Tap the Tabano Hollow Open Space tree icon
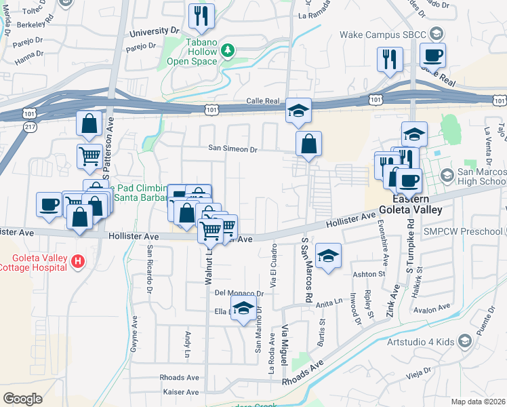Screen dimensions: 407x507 click(228, 50)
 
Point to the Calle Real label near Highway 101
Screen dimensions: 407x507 click(263, 101)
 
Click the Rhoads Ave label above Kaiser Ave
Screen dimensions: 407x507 click(179, 378)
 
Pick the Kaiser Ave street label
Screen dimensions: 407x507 click(181, 392)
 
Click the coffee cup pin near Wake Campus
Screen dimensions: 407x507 click(432, 56)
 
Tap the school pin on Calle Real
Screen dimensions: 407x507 click(297, 111)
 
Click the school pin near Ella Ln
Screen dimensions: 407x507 click(243, 308)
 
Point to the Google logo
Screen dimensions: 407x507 click(22, 398)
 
